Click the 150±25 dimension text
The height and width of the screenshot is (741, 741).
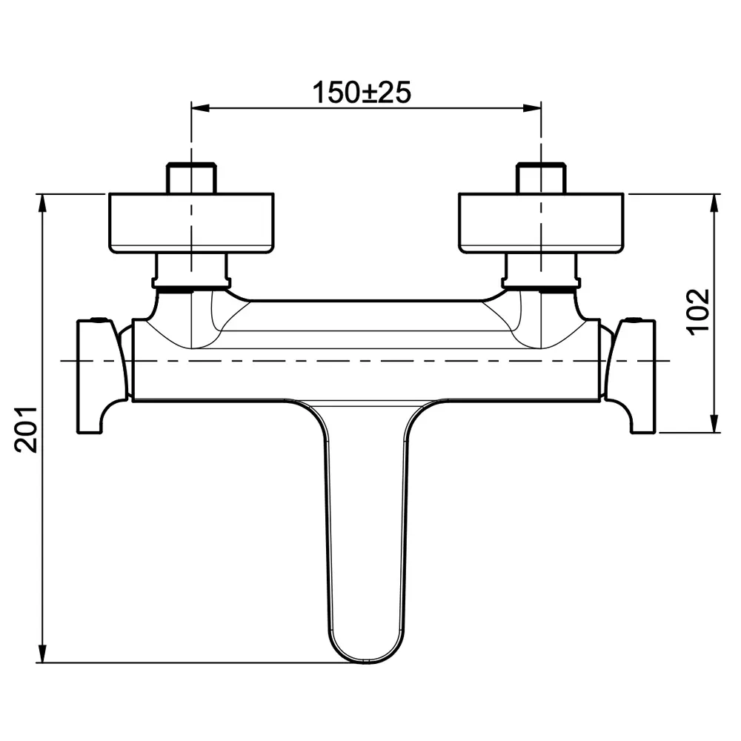coord(362,93)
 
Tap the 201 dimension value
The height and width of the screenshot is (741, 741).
coord(26,430)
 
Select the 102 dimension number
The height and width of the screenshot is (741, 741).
coord(698,313)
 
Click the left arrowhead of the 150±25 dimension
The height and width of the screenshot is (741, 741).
coord(200,108)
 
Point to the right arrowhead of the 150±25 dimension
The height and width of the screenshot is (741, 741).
coord(532,108)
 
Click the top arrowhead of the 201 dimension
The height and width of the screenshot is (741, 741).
coord(43,203)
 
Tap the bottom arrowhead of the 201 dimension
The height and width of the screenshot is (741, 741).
coord(43,653)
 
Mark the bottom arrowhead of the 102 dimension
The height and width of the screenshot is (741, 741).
coord(714,423)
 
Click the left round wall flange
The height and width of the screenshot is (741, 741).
coord(191,222)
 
